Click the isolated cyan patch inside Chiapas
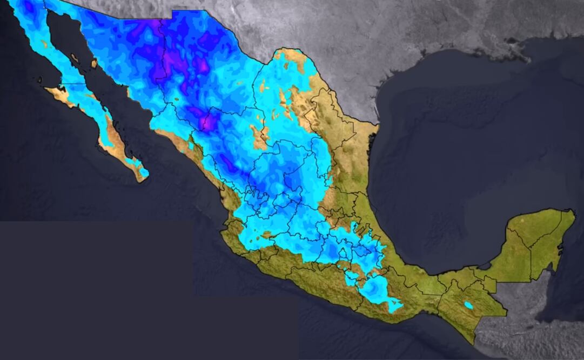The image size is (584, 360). tap(468, 305)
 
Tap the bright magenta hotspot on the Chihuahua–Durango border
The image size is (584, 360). tap(206, 125)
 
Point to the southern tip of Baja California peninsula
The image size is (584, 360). tap(142, 179)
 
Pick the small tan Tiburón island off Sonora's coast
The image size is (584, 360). tap(94, 64)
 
